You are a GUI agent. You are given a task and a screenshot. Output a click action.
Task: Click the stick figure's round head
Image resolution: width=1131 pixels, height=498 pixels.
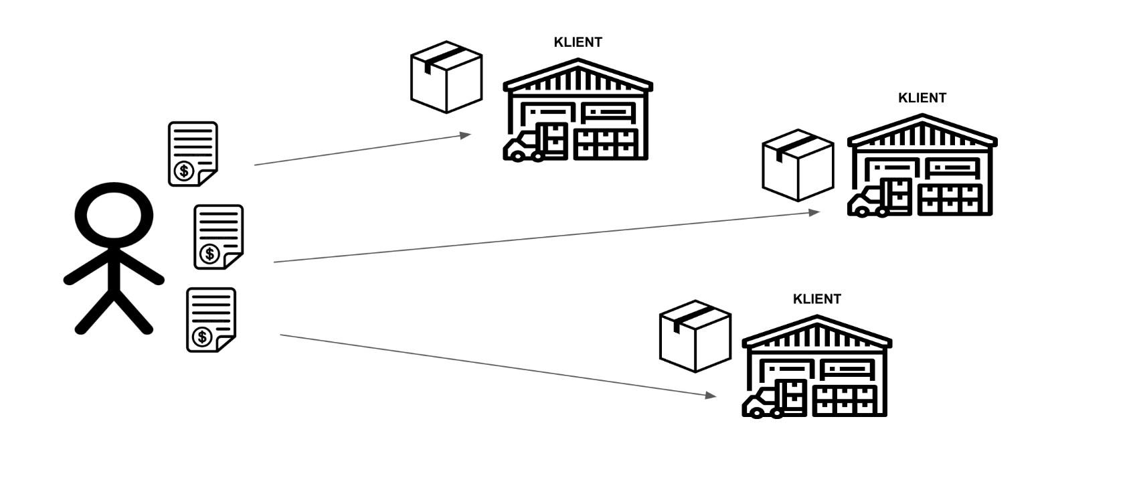(114, 216)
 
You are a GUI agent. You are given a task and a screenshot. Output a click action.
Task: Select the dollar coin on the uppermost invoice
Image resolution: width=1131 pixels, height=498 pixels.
(183, 171)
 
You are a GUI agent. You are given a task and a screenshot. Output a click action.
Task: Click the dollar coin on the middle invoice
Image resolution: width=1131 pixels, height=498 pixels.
(209, 254)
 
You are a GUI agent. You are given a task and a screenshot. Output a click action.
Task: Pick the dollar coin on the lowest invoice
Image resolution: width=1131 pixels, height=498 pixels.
(201, 337)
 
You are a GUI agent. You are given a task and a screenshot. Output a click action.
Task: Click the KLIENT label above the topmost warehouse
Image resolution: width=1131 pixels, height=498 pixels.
(578, 42)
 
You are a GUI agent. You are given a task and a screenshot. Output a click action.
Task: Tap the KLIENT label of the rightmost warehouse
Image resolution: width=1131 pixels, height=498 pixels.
(922, 98)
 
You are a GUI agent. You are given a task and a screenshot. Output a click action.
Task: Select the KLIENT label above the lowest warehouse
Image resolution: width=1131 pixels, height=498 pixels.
(816, 299)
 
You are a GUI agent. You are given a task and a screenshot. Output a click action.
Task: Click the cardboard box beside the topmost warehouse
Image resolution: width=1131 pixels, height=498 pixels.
(446, 77)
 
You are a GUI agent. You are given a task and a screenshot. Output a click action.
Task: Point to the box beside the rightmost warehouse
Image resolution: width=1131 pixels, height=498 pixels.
(798, 165)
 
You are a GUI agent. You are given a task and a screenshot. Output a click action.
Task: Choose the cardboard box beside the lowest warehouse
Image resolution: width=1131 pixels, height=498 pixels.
(695, 336)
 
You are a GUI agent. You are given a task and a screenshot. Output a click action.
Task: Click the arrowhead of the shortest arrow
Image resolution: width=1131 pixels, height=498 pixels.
(466, 135)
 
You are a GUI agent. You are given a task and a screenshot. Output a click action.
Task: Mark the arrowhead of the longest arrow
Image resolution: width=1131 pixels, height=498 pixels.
(814, 212)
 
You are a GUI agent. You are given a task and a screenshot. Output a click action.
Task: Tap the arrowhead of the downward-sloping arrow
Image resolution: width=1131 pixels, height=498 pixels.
(711, 395)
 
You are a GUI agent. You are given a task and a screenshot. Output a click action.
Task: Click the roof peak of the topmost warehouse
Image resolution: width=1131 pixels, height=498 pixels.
(578, 62)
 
